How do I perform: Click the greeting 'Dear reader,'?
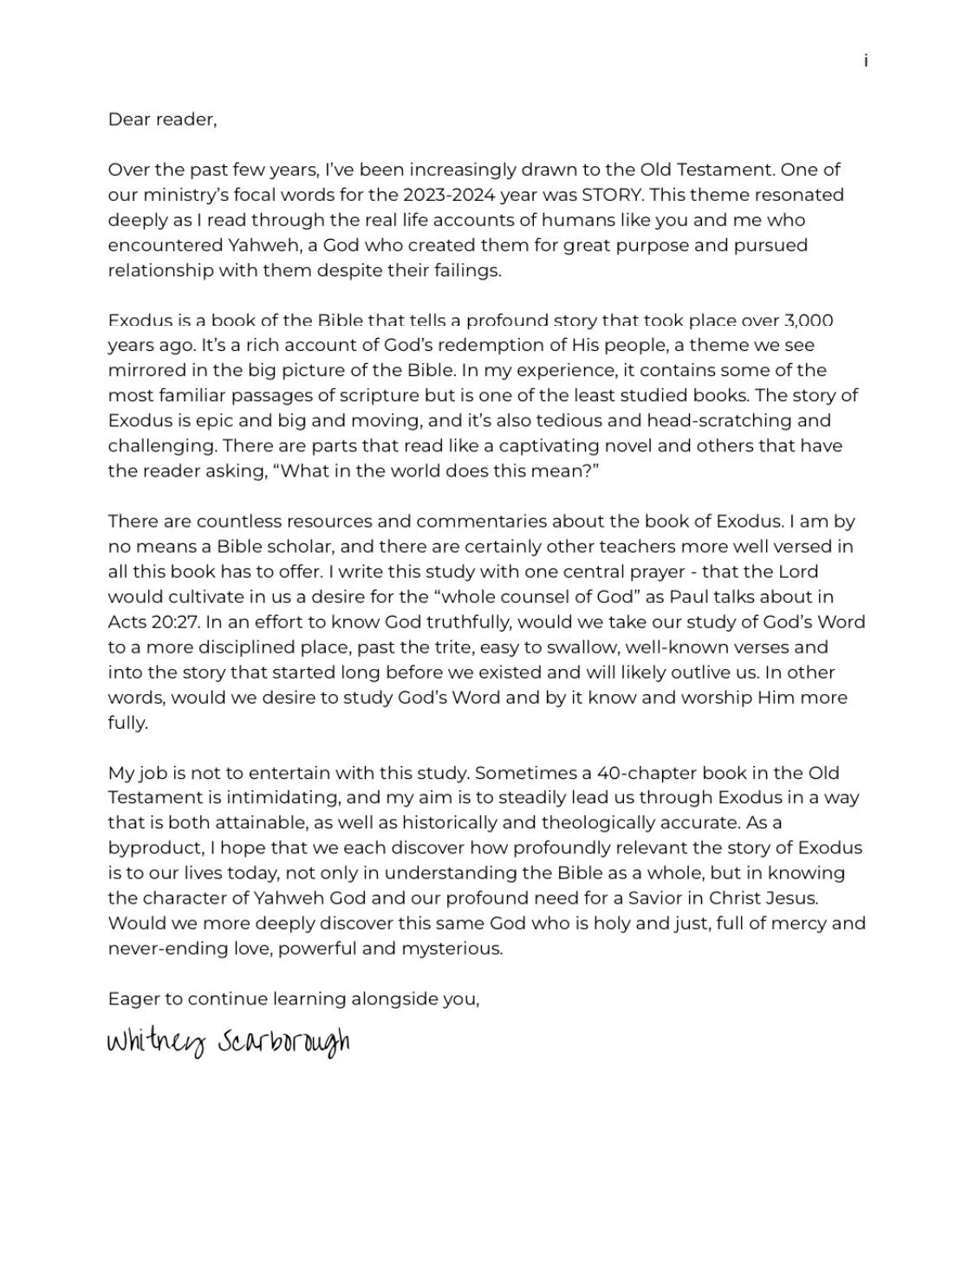point(162,120)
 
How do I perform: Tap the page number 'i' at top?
point(866,61)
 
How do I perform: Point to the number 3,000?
point(808,321)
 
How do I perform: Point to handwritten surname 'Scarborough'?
point(283,1042)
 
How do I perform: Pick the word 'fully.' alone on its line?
point(127,723)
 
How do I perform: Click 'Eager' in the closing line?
point(133,999)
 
